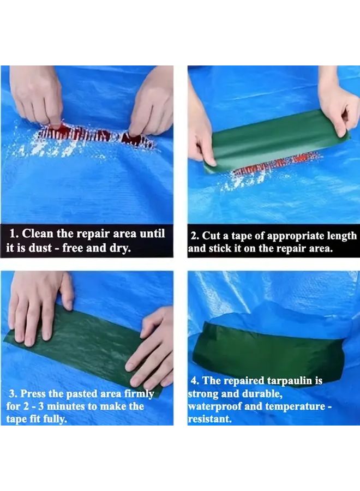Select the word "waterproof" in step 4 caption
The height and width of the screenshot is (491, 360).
click(214, 406)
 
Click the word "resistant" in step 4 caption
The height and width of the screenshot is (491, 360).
click(208, 419)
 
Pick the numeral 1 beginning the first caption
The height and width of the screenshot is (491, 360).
click(12, 234)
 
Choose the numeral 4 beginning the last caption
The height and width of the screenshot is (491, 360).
click(194, 381)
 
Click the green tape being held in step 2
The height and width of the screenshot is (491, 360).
click(275, 140)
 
